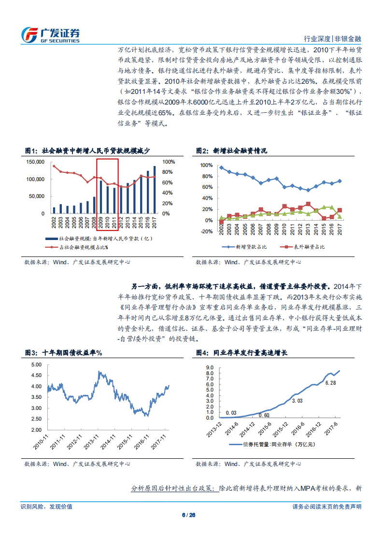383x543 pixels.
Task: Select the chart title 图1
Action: point(87,151)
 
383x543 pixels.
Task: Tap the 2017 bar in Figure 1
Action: point(155,190)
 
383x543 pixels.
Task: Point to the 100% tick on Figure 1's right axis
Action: point(169,162)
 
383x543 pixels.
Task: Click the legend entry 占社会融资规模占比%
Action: point(79,247)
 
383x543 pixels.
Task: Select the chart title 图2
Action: point(231,151)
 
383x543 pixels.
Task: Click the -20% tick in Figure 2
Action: point(206,231)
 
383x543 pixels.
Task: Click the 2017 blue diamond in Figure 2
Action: point(340,181)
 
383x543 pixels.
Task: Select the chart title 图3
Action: point(63,353)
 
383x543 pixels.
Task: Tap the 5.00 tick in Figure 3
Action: point(37,364)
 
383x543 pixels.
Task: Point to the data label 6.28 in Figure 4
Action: point(330,383)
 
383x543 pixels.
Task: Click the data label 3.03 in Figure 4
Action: point(298,400)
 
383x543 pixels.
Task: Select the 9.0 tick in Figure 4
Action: point(210,367)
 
